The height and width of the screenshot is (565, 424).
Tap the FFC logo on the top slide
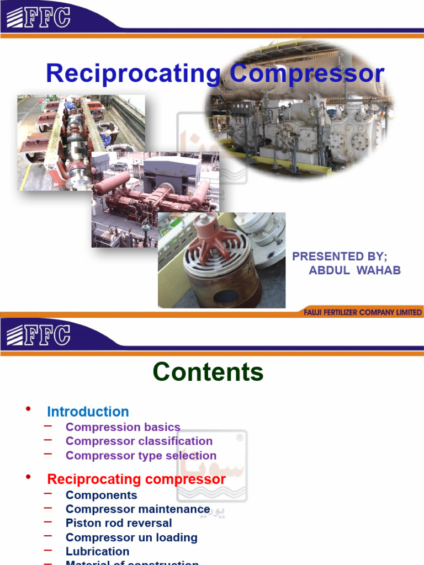(x=38, y=17)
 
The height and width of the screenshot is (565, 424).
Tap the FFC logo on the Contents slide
(x=38, y=335)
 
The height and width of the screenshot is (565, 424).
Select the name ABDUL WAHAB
(x=354, y=270)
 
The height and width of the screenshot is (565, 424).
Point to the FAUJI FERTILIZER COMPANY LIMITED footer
(x=363, y=312)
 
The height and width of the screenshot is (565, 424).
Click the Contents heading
(x=208, y=372)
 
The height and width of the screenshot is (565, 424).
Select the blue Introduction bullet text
(x=88, y=412)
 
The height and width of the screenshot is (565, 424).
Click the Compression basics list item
(x=123, y=427)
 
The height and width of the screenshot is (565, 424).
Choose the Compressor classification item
(x=139, y=441)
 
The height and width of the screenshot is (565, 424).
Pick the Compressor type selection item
(x=141, y=455)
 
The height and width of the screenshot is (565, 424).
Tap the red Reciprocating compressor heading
(x=136, y=479)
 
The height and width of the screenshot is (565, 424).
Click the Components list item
(x=101, y=495)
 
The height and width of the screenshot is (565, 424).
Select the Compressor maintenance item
(x=137, y=509)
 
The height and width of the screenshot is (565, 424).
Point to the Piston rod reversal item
(x=119, y=523)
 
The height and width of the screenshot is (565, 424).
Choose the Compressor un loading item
(x=131, y=537)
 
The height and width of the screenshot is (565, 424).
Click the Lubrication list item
(x=97, y=551)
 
